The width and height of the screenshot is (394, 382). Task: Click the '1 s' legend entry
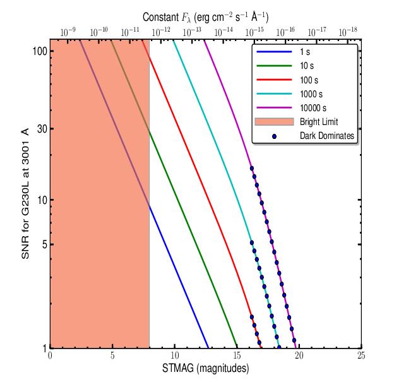pyautogui.click(x=305, y=52)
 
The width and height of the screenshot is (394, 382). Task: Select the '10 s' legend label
pyautogui.click(x=307, y=66)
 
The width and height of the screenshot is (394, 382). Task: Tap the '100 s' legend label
pyautogui.click(x=309, y=80)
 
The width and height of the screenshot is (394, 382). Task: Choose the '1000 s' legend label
pyautogui.click(x=311, y=94)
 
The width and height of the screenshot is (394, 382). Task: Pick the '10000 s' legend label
pyautogui.click(x=313, y=108)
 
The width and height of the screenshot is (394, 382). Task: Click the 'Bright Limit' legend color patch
pyautogui.click(x=274, y=122)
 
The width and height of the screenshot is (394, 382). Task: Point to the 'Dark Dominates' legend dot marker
pyautogui.click(x=274, y=136)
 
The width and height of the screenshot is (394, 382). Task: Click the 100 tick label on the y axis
pyautogui.click(x=40, y=51)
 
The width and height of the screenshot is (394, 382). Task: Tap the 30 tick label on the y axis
pyautogui.click(x=42, y=129)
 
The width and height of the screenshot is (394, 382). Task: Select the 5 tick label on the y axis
pyautogui.click(x=45, y=244)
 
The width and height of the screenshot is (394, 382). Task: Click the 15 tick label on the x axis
pyautogui.click(x=237, y=355)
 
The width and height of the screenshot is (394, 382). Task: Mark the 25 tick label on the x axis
pyautogui.click(x=361, y=355)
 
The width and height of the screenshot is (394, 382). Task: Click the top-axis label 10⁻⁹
pyautogui.click(x=68, y=32)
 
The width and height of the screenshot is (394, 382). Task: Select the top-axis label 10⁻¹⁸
pyautogui.click(x=348, y=32)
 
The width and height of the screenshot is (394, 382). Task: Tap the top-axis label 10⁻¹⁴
pyautogui.click(x=224, y=32)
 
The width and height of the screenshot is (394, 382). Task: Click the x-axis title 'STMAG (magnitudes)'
pyautogui.click(x=206, y=368)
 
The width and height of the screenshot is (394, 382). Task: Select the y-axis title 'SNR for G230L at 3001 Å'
pyautogui.click(x=25, y=193)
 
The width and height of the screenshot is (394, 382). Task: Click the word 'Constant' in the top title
pyautogui.click(x=160, y=17)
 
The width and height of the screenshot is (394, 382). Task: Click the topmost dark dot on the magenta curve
pyautogui.click(x=252, y=169)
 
